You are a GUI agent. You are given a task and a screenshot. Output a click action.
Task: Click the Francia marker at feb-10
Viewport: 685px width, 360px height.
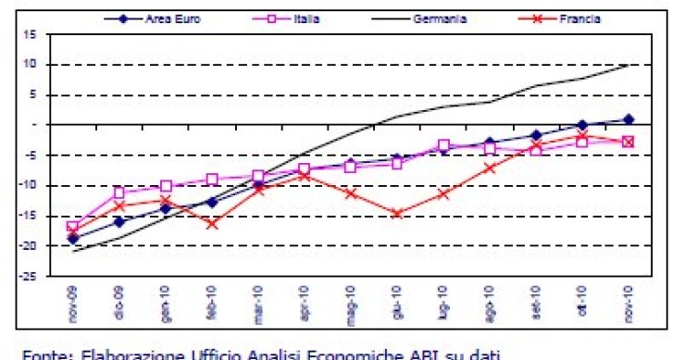click(x=212, y=223)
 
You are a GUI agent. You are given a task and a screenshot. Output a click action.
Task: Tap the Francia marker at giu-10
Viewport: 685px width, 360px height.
click(x=397, y=213)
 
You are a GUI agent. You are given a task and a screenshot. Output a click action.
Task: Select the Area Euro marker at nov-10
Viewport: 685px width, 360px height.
click(x=629, y=118)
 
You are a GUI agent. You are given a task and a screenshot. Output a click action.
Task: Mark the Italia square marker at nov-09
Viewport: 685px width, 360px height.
click(x=73, y=227)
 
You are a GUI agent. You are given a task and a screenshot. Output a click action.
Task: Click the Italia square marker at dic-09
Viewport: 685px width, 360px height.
click(x=119, y=193)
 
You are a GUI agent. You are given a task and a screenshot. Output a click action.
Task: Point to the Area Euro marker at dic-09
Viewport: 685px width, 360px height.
click(x=119, y=221)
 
